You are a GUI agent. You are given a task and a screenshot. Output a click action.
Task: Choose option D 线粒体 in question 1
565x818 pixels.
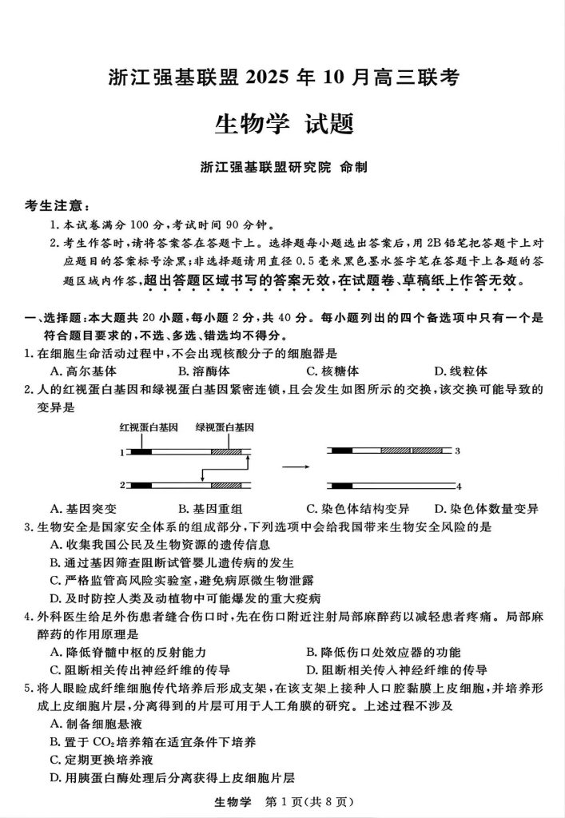[x=460, y=371]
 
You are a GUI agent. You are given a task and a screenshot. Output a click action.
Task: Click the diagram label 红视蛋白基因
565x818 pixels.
[x=149, y=427]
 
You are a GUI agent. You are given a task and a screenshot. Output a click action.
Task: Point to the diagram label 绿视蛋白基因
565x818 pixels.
[x=225, y=427]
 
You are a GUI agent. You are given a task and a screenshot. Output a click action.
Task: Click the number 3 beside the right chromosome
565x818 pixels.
[x=458, y=451]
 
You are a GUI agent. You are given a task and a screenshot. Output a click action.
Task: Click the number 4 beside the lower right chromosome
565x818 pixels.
[x=458, y=485]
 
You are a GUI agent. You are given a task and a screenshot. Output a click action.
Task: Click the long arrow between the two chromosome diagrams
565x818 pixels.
[x=296, y=465]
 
